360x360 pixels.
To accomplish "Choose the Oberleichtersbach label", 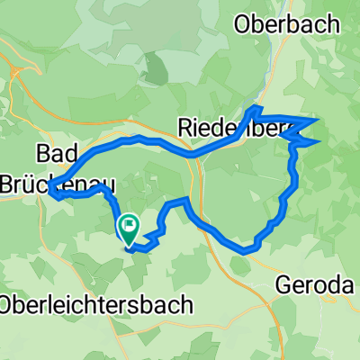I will [96, 305].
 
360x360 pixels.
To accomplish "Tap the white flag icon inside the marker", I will [129, 226].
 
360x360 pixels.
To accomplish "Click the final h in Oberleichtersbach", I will [185, 305].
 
